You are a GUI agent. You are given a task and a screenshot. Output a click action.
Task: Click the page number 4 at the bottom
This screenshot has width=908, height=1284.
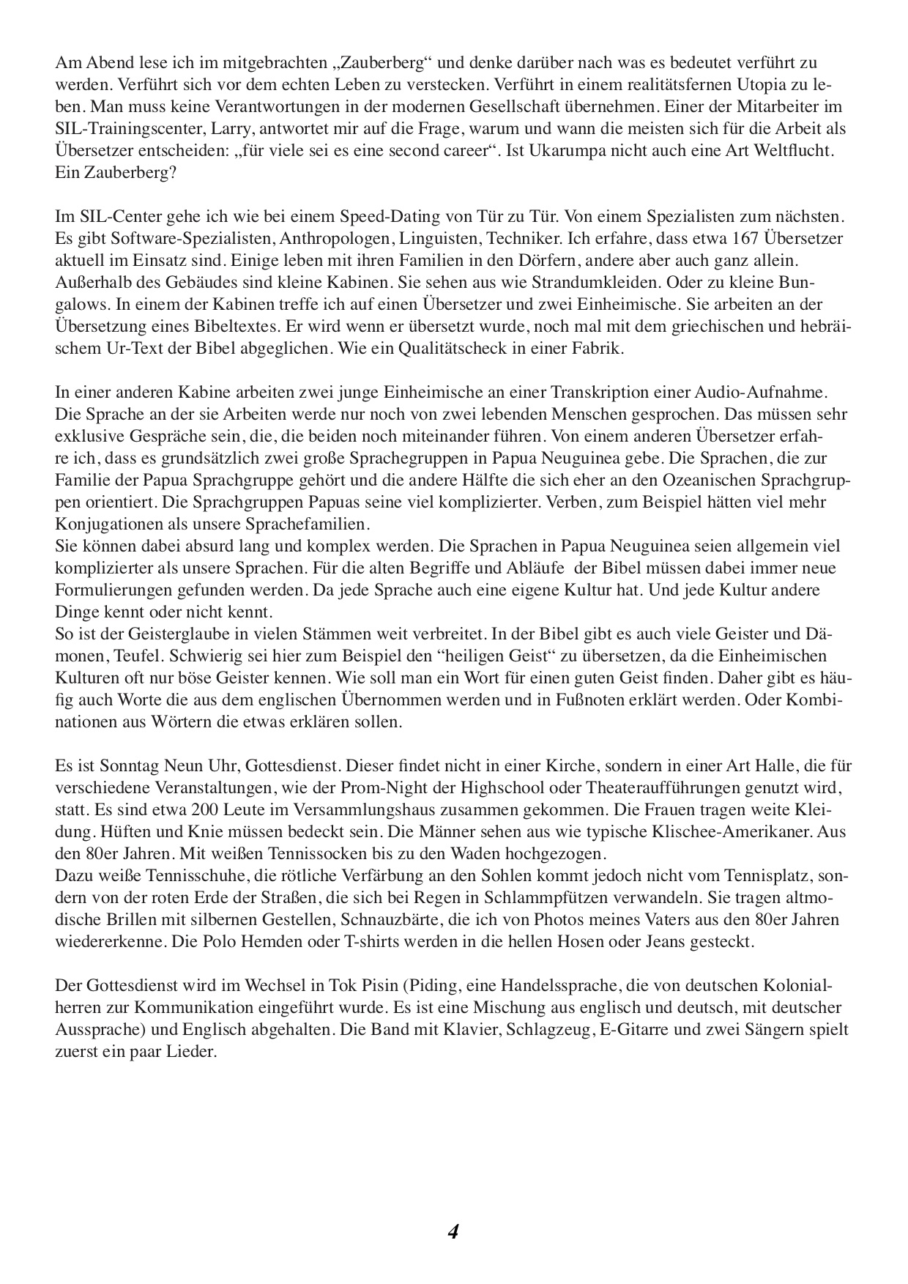453,1232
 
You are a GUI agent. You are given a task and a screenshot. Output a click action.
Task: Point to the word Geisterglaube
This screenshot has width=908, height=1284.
157,634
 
